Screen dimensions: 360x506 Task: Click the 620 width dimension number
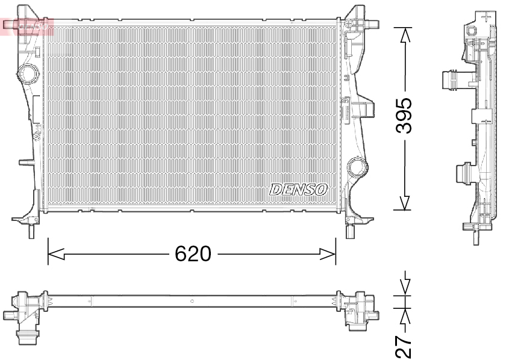click(x=193, y=255)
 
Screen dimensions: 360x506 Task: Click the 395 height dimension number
click(x=405, y=116)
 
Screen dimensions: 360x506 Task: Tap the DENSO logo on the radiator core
click(x=299, y=190)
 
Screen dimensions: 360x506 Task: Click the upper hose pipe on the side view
click(x=449, y=80)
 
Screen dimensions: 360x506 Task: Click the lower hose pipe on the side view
click(x=463, y=174)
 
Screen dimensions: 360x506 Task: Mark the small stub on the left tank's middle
click(x=25, y=161)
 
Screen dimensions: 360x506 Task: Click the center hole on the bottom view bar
click(x=192, y=300)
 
